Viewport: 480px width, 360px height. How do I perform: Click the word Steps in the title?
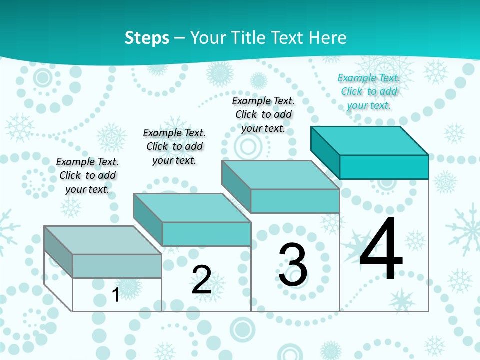pyautogui.click(x=147, y=38)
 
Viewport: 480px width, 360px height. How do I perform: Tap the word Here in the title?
pyautogui.click(x=327, y=38)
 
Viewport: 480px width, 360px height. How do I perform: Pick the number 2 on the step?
pyautogui.click(x=201, y=280)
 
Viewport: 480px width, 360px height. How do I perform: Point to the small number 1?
pyautogui.click(x=115, y=295)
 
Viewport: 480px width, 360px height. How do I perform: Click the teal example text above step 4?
pyautogui.click(x=369, y=91)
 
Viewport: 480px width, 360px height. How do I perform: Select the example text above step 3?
pyautogui.click(x=263, y=114)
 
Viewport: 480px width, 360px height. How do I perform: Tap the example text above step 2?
pyautogui.click(x=174, y=146)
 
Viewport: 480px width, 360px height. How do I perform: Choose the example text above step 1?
pyautogui.click(x=87, y=175)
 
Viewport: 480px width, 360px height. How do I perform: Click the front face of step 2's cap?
pyautogui.click(x=206, y=234)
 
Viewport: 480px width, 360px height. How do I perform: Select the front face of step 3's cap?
pyautogui.click(x=295, y=201)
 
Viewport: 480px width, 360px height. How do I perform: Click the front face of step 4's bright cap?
pyautogui.click(x=384, y=167)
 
